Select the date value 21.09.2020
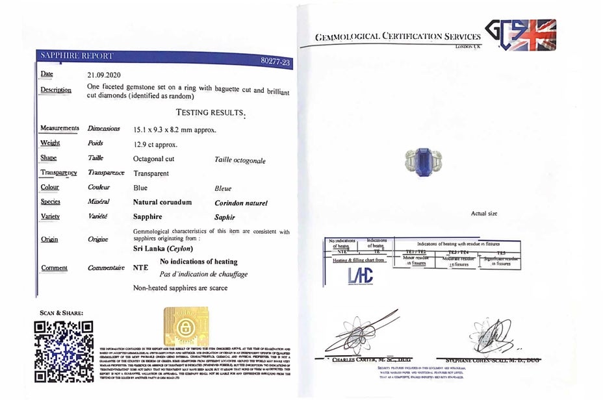coord(104,75)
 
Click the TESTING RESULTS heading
coord(211,112)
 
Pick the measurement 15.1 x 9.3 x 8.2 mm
coord(174,129)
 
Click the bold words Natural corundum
coord(162,203)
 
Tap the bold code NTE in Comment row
coord(140,267)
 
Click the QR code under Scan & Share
coord(63,350)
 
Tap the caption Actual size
coord(484,213)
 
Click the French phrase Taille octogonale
coord(240,160)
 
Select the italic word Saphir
coord(224,218)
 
